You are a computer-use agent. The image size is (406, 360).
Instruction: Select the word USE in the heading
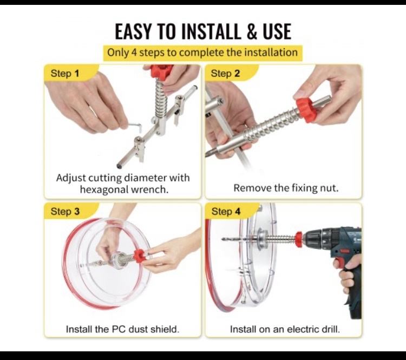coord(277,31)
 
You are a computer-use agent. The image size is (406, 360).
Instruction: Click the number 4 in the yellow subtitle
coord(134,53)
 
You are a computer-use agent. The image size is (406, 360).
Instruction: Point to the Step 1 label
coord(65,74)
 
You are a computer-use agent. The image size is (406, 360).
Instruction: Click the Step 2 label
coord(225,74)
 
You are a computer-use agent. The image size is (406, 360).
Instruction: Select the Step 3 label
coord(65,211)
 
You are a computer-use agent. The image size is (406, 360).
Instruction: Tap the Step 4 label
coord(226,211)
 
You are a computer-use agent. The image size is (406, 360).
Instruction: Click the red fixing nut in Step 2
coord(306,109)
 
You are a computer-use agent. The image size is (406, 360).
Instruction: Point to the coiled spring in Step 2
coord(272,126)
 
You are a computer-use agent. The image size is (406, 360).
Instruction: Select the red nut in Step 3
coord(139,256)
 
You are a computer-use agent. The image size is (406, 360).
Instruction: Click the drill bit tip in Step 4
coord(222,239)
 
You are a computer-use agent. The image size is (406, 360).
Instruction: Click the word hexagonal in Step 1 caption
coord(104,189)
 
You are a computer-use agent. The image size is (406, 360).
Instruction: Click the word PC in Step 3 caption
coord(119,330)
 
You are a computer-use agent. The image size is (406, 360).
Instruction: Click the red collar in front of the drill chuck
coord(299,239)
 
